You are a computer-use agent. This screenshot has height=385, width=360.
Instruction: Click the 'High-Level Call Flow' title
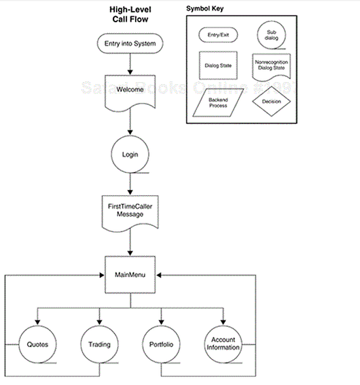click(x=130, y=16)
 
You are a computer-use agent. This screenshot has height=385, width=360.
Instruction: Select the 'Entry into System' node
click(x=130, y=44)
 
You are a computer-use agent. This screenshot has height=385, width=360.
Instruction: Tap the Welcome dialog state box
click(x=130, y=89)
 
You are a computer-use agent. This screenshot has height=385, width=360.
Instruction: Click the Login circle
click(x=130, y=155)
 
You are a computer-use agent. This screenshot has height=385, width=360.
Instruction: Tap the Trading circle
click(x=99, y=344)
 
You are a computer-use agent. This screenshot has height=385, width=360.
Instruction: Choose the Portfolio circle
click(x=161, y=344)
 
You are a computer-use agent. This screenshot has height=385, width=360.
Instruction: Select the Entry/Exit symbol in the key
click(x=218, y=35)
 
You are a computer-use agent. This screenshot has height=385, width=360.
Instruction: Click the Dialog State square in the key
click(x=217, y=66)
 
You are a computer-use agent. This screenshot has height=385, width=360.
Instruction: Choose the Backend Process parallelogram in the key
click(x=218, y=102)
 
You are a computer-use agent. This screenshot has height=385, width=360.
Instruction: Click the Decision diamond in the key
click(x=272, y=102)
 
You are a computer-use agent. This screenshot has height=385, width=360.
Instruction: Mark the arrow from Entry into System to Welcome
click(x=130, y=64)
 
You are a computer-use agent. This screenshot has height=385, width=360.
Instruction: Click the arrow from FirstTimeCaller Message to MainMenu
click(x=130, y=244)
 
